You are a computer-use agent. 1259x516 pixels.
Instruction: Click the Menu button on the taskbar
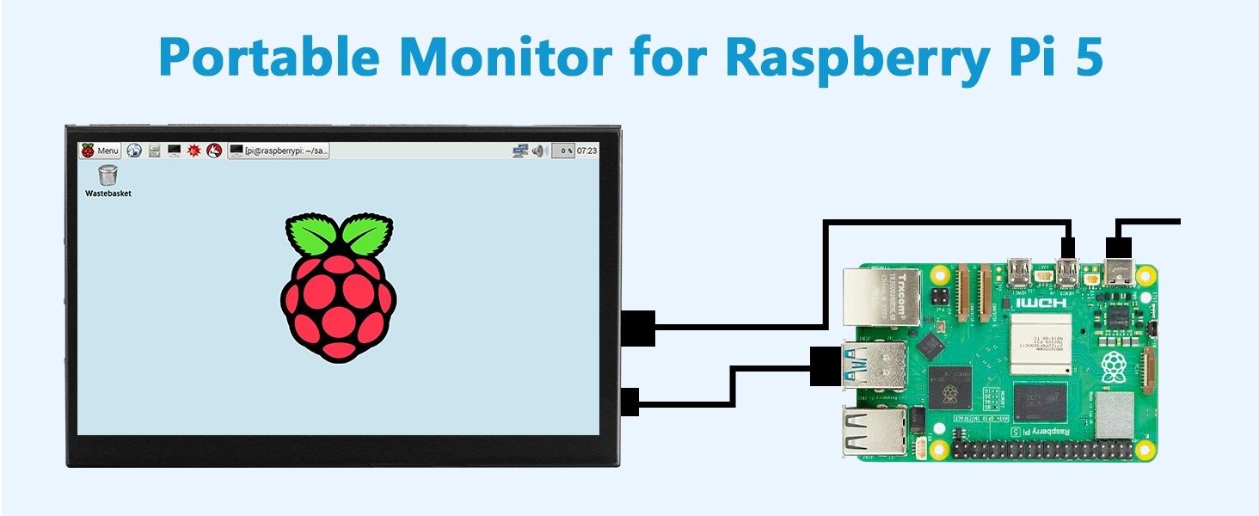(100, 150)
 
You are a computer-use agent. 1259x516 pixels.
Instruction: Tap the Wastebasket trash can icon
(107, 175)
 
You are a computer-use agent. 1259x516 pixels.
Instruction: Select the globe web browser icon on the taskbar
(134, 150)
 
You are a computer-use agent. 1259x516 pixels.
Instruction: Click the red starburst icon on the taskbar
(194, 150)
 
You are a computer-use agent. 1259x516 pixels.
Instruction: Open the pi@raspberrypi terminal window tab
(279, 150)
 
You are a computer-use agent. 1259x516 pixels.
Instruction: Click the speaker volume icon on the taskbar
(539, 151)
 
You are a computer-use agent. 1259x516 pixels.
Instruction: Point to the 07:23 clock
(587, 150)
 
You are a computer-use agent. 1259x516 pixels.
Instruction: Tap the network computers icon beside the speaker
(520, 151)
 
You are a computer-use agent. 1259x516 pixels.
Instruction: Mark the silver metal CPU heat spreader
(1041, 343)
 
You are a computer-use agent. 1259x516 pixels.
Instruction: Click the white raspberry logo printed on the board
(1114, 365)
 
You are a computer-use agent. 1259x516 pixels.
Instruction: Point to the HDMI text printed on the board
(1041, 302)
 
